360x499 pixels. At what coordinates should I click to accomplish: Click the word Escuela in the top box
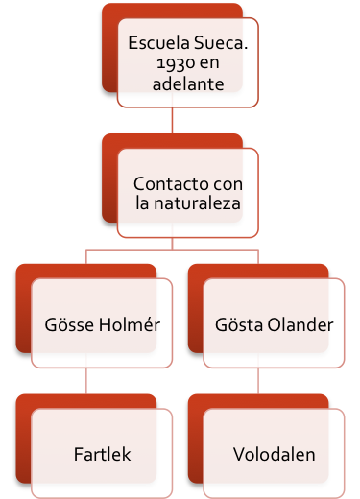click(x=159, y=42)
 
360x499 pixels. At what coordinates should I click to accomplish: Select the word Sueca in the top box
click(x=221, y=42)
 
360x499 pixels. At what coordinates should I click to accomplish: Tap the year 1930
click(x=175, y=63)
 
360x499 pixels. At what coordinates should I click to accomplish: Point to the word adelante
click(x=188, y=84)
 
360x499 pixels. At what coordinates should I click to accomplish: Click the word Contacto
click(x=170, y=184)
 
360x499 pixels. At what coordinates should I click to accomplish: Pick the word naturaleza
click(x=197, y=203)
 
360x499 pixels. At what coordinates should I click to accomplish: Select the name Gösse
click(x=69, y=324)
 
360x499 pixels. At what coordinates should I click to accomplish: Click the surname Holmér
click(x=130, y=324)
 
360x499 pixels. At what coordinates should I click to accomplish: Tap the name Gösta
click(x=239, y=324)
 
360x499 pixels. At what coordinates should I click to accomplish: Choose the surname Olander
click(x=300, y=324)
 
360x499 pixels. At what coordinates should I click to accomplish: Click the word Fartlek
click(x=103, y=454)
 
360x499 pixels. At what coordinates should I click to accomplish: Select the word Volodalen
click(x=275, y=454)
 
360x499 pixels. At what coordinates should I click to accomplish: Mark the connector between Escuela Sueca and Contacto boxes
click(x=172, y=120)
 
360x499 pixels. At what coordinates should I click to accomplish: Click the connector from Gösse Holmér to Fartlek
click(x=86, y=381)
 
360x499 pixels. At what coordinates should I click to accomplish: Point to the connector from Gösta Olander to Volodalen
click(x=258, y=381)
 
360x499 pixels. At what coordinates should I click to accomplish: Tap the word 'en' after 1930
click(x=209, y=64)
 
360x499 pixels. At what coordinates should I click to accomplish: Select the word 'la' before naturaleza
click(x=142, y=203)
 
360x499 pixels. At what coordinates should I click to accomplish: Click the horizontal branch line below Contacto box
click(x=172, y=250)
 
